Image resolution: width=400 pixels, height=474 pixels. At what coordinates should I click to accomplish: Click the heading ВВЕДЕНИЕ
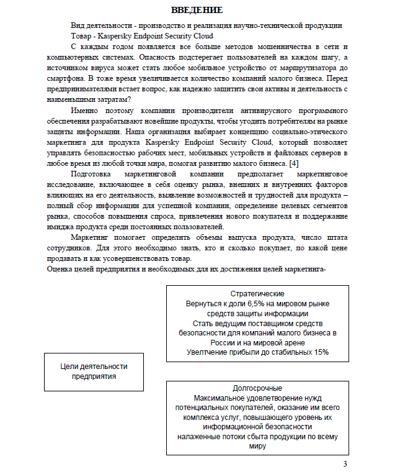tap(197, 11)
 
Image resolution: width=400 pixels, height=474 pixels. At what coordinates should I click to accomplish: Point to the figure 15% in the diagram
tap(320, 352)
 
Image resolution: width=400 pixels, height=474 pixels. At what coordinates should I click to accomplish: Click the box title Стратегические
tap(257, 294)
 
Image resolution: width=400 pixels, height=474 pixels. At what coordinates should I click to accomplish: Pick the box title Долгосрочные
tap(257, 388)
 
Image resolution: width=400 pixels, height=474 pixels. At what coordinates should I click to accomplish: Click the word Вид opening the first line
tap(79, 25)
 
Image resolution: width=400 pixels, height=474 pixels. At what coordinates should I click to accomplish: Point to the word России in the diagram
tap(228, 342)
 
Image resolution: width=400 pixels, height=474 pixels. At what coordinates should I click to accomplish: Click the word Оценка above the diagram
tap(60, 269)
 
